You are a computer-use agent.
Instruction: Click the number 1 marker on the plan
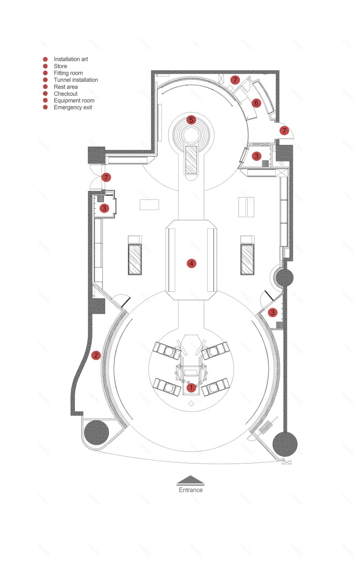pos(191,387)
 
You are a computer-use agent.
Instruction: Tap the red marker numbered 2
pos(96,355)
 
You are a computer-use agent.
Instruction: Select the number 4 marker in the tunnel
pos(191,263)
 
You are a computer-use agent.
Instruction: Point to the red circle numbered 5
pos(191,120)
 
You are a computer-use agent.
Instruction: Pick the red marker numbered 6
pos(256,103)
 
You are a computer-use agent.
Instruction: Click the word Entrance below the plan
pos(191,490)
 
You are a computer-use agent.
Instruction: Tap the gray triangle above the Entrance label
pos(191,480)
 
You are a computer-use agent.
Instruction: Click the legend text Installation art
pos(71,59)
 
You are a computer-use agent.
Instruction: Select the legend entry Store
pos(61,66)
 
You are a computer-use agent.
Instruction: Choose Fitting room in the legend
pos(68,73)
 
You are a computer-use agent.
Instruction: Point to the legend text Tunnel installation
pos(76,80)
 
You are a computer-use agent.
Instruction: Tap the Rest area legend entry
pos(66,87)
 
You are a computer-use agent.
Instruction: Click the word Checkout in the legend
pos(65,94)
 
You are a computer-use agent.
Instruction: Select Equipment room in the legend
pos(74,101)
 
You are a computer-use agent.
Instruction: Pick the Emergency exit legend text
pos(73,108)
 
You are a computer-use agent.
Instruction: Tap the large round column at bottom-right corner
pos(285,444)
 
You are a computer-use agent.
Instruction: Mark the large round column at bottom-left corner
pos(97,432)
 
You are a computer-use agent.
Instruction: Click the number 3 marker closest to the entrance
pos(273,312)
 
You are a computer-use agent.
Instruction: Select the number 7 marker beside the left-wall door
pos(106,177)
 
